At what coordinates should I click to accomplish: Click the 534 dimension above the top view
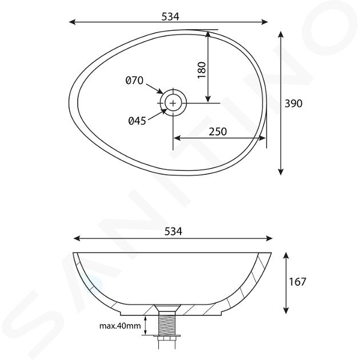click(x=170, y=17)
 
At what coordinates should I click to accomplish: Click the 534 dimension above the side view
click(x=173, y=231)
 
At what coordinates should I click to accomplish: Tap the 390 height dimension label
click(x=293, y=103)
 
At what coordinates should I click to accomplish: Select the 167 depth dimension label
click(x=297, y=282)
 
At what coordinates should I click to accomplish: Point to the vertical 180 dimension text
click(x=202, y=70)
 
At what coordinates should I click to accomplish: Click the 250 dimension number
click(x=218, y=131)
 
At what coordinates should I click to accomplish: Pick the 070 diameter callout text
click(x=134, y=81)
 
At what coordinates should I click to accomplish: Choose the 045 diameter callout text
click(x=137, y=121)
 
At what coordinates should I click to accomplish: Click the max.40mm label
click(x=120, y=326)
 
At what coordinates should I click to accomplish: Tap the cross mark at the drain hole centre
click(x=173, y=103)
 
